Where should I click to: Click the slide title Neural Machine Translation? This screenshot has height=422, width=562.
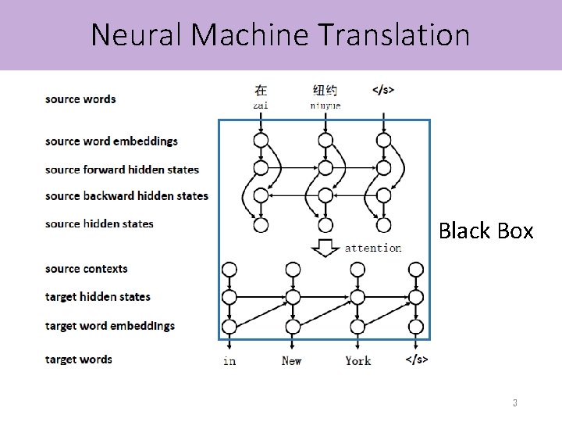[x=280, y=34]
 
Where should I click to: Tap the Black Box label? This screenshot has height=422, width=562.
[x=486, y=231]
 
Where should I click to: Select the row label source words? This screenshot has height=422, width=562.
[x=80, y=99]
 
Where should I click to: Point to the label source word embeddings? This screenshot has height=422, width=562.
[x=112, y=141]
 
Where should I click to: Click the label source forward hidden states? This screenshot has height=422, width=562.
[x=122, y=170]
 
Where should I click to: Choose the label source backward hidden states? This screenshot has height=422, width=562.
[x=126, y=196]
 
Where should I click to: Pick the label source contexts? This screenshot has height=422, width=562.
[x=87, y=269]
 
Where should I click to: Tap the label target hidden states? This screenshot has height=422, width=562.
[x=98, y=297]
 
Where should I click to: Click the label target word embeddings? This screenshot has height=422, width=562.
[x=110, y=326]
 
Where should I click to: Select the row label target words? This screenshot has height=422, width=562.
[x=79, y=359]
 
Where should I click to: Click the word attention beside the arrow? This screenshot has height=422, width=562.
[x=373, y=249]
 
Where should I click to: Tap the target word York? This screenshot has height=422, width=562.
[x=358, y=360]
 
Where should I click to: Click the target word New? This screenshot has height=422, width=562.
[x=291, y=360]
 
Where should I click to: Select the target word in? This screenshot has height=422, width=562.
[x=229, y=360]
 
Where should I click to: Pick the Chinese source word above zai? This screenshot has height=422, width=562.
[x=261, y=90]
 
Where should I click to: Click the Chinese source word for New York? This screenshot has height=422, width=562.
[x=325, y=90]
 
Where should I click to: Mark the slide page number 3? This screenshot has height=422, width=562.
[x=514, y=403]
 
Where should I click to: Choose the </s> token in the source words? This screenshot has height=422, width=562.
[x=382, y=90]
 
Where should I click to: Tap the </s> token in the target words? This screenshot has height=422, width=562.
[x=417, y=359]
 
